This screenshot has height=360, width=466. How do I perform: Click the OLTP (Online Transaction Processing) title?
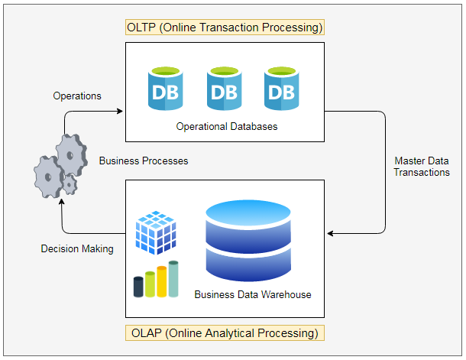pos(225,27)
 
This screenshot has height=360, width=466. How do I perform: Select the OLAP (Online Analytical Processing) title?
pos(225,333)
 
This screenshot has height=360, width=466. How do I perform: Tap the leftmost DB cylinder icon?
pos(167,89)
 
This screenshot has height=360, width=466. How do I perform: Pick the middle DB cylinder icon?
pos(224,89)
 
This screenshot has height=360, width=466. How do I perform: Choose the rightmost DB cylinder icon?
pos(281,89)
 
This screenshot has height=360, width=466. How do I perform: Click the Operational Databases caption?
pos(226,126)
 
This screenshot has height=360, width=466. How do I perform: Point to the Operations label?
pos(77,96)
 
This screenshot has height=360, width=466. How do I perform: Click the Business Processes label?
pos(144,161)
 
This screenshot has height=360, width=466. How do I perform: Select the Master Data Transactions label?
pos(422,167)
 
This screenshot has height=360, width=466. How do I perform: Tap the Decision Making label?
pos(77,248)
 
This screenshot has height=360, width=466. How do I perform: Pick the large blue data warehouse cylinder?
pos(248,241)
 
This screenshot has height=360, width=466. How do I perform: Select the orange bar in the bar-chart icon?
pos(161,281)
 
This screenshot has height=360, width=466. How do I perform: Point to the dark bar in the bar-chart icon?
pos(138,287)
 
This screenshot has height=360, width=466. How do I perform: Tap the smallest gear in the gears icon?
pos(70,184)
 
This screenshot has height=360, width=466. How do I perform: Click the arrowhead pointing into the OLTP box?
pos(120,112)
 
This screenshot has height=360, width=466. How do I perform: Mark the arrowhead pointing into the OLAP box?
pos(329,232)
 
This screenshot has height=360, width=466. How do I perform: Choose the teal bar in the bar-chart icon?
pos(173,278)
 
